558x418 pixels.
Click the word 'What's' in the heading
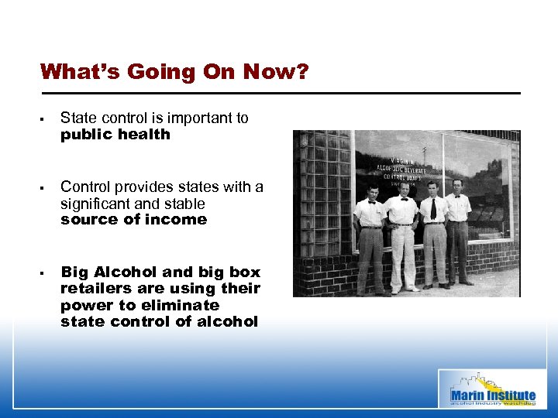(79, 72)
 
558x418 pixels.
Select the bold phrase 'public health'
(115, 134)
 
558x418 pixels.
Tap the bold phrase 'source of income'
(133, 219)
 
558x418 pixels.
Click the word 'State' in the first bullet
(77, 118)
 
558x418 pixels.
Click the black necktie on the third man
(433, 207)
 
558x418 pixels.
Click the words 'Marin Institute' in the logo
(493, 396)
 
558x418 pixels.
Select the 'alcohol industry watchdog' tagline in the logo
(493, 403)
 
